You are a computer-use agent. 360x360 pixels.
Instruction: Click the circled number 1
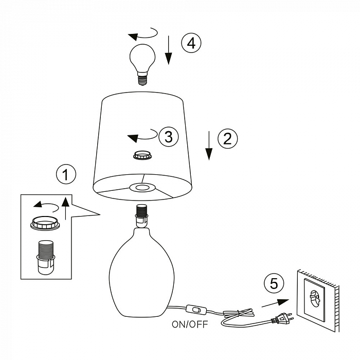point(65,175)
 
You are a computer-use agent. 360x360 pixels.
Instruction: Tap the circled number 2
point(228,138)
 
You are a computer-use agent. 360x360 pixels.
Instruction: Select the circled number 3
point(168,137)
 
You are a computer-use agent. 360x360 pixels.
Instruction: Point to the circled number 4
point(191,43)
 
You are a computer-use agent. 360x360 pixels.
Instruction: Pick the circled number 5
point(274,283)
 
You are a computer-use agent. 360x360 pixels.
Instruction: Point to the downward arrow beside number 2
point(209,146)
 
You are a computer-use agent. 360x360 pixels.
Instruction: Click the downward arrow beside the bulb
point(168,50)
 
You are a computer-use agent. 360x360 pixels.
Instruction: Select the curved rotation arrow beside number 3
point(141,137)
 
